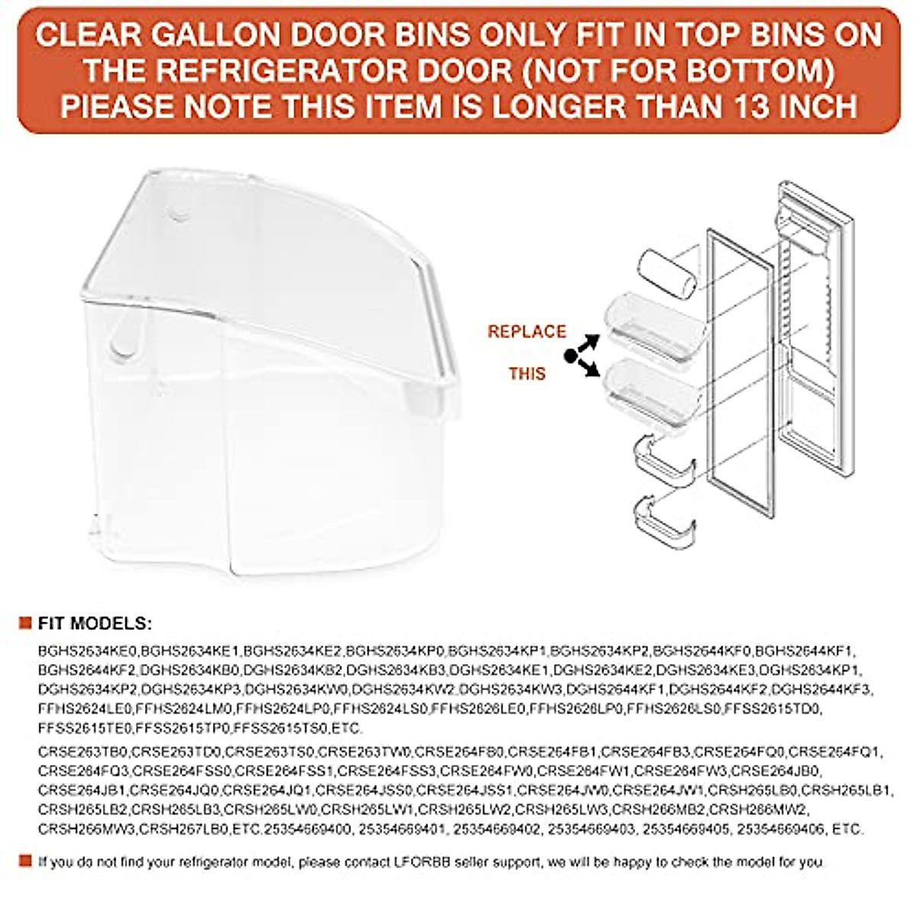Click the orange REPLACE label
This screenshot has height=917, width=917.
pyautogui.click(x=527, y=332)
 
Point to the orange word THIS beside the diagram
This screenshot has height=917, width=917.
pyautogui.click(x=527, y=374)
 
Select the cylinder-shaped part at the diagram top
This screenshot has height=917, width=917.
pyautogui.click(x=666, y=274)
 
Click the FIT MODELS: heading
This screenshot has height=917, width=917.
pyautogui.click(x=96, y=624)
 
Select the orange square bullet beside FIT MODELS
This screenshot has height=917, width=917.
pyautogui.click(x=25, y=624)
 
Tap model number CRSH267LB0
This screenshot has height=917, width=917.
pyautogui.click(x=183, y=828)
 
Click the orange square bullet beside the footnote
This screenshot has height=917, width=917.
pyautogui.click(x=25, y=861)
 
